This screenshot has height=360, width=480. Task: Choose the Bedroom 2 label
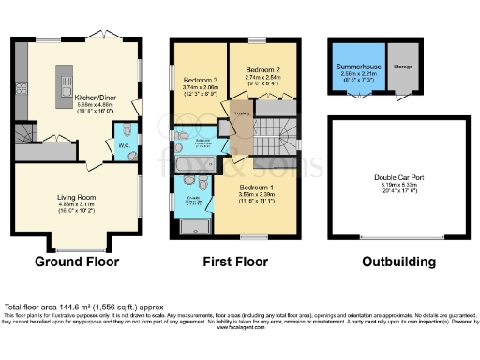[x=262, y=70]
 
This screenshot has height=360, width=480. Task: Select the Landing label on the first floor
[x=241, y=115]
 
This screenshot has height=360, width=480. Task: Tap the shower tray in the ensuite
[x=193, y=224]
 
